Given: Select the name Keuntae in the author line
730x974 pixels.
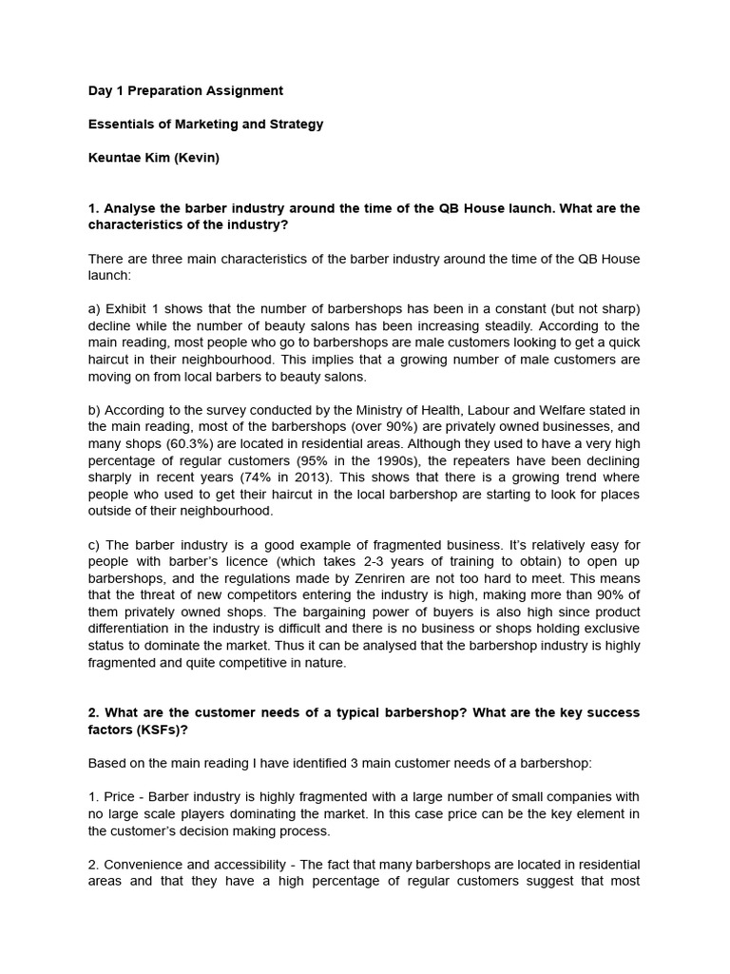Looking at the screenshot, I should [x=113, y=157].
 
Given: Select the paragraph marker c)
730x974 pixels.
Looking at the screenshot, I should [x=94, y=545].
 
